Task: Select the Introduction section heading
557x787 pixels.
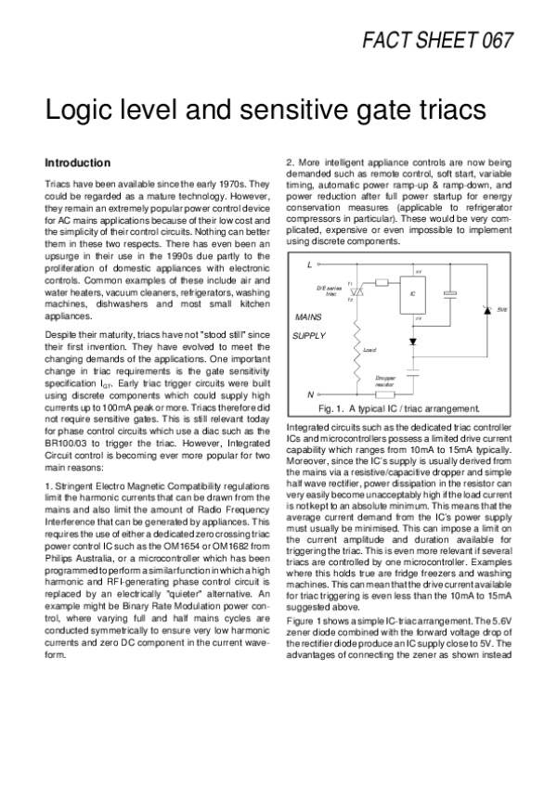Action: click(x=78, y=162)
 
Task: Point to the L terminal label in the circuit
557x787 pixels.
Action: click(x=309, y=265)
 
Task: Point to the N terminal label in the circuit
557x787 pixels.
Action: click(x=309, y=394)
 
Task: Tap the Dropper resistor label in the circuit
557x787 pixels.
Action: click(x=385, y=381)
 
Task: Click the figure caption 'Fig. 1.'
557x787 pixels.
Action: click(x=333, y=408)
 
